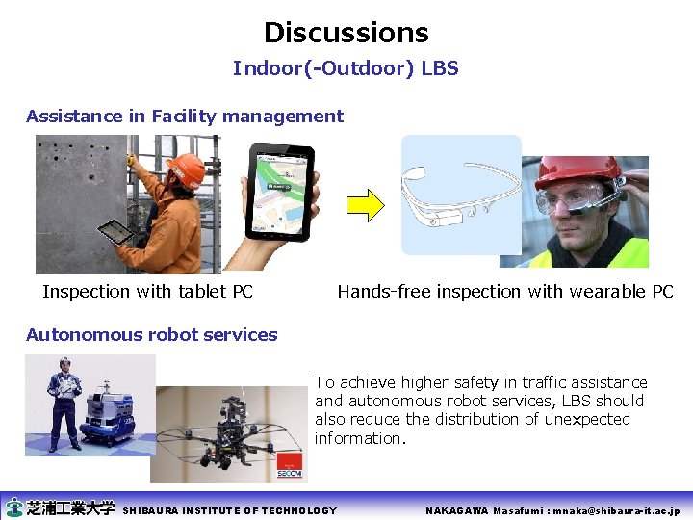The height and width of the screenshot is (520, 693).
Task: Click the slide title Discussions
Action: [x=346, y=33]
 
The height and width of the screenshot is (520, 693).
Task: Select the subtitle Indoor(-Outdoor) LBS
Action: [x=346, y=69]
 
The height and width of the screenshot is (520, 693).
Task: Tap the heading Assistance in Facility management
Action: [x=184, y=117]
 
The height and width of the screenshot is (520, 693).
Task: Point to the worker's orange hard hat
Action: [x=185, y=170]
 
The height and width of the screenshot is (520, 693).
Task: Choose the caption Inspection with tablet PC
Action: [x=147, y=292]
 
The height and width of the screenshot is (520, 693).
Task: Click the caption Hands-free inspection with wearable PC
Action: [x=505, y=292]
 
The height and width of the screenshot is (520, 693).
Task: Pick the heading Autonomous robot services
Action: [x=151, y=335]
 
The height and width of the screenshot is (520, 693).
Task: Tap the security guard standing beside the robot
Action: [x=64, y=400]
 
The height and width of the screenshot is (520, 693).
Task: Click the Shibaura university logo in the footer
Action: [x=60, y=508]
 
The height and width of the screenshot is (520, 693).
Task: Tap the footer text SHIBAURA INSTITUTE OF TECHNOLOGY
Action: [x=230, y=510]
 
